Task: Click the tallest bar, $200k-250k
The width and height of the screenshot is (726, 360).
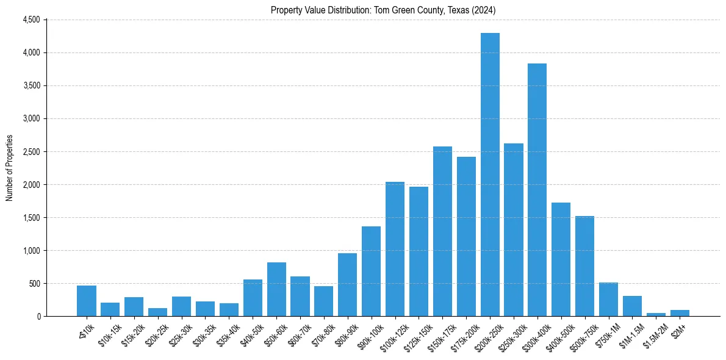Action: (490, 175)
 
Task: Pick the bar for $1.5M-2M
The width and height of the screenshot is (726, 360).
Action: (656, 314)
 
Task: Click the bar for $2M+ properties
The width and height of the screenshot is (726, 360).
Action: (680, 313)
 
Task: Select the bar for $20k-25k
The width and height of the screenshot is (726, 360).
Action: (157, 312)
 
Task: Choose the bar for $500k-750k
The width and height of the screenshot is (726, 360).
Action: (584, 266)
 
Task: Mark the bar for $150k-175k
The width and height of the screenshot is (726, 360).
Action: (442, 231)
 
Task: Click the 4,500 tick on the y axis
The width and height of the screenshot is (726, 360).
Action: (31, 20)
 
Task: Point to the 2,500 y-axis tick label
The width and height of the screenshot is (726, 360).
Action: (31, 152)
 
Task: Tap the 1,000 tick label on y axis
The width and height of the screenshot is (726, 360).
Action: (31, 251)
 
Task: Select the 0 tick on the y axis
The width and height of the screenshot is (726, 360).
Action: (38, 317)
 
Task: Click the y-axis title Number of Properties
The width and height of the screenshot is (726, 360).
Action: (9, 168)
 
